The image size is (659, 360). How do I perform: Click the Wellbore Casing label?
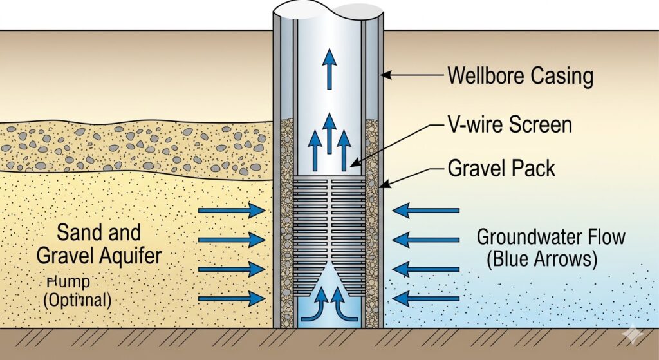pos(520,76)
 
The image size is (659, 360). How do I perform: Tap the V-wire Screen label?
pos(510,124)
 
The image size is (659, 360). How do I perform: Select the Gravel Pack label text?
pos(501,169)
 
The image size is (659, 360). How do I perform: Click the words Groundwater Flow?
pos(551,236)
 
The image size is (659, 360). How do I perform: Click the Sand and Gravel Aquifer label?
pos(98,244)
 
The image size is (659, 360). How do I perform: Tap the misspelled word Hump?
pos(70,281)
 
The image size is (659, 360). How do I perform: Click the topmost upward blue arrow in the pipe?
pos(330,68)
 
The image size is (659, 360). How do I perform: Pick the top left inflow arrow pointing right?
pos(232,210)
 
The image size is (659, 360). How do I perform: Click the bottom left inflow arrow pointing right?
pos(232,298)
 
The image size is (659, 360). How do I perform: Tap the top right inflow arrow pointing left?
pos(426,210)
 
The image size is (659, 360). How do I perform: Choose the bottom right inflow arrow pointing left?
pos(426,298)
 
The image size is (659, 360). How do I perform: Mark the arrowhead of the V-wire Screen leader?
pos(351,167)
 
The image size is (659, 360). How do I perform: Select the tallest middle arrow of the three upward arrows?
pos(329,133)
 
